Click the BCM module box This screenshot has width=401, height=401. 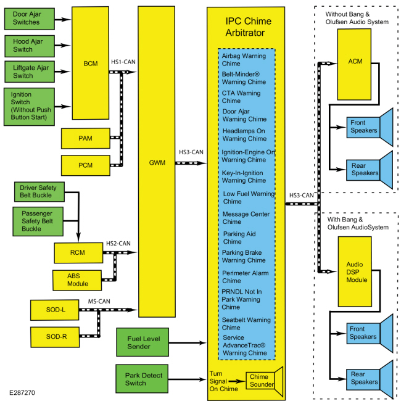click(x=90, y=63)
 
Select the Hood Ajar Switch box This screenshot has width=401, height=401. click(x=30, y=46)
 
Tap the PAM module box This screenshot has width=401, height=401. click(x=86, y=138)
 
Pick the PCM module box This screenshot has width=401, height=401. click(x=86, y=165)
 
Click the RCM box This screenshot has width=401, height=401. click(x=78, y=253)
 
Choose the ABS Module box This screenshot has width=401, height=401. click(x=77, y=280)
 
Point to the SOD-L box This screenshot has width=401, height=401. click(x=55, y=310)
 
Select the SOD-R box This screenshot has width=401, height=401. click(x=55, y=337)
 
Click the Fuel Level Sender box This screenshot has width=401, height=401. click(x=143, y=342)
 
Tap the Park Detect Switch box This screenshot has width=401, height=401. click(x=142, y=379)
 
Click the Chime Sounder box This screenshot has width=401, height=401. click(x=260, y=381)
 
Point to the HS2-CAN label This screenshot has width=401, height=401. click(x=118, y=243)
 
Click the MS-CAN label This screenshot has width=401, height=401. click(x=99, y=301)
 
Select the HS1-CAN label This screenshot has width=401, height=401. click(x=123, y=62)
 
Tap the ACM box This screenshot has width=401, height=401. click(x=354, y=64)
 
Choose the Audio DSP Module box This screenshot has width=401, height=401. click(x=355, y=271)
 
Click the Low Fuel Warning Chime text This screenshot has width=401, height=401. click(x=249, y=197)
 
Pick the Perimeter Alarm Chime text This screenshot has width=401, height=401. click(x=246, y=277)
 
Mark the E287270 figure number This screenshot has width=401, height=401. click(x=22, y=392)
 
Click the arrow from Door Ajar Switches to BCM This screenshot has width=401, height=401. click(x=63, y=19)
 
